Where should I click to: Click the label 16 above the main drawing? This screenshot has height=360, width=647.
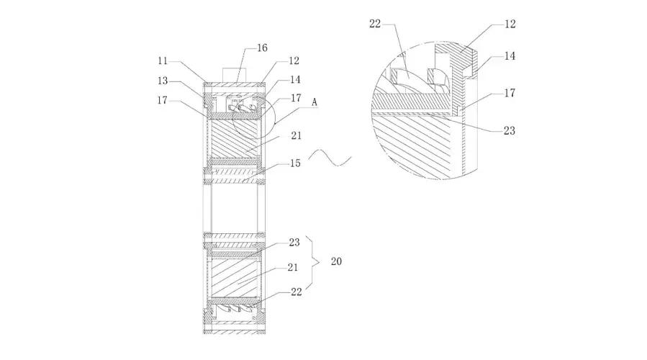[263, 48]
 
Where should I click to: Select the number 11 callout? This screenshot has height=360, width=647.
[163, 61]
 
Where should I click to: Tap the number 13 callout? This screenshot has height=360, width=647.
[163, 81]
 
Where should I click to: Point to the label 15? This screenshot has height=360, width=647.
[295, 163]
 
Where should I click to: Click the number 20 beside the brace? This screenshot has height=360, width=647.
[336, 261]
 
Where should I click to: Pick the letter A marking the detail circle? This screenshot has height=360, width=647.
[315, 102]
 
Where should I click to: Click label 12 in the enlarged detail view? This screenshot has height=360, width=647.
[510, 24]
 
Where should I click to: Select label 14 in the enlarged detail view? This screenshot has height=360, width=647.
[510, 55]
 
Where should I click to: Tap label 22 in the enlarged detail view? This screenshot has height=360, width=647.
[375, 24]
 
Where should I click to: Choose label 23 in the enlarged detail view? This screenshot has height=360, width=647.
[510, 131]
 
